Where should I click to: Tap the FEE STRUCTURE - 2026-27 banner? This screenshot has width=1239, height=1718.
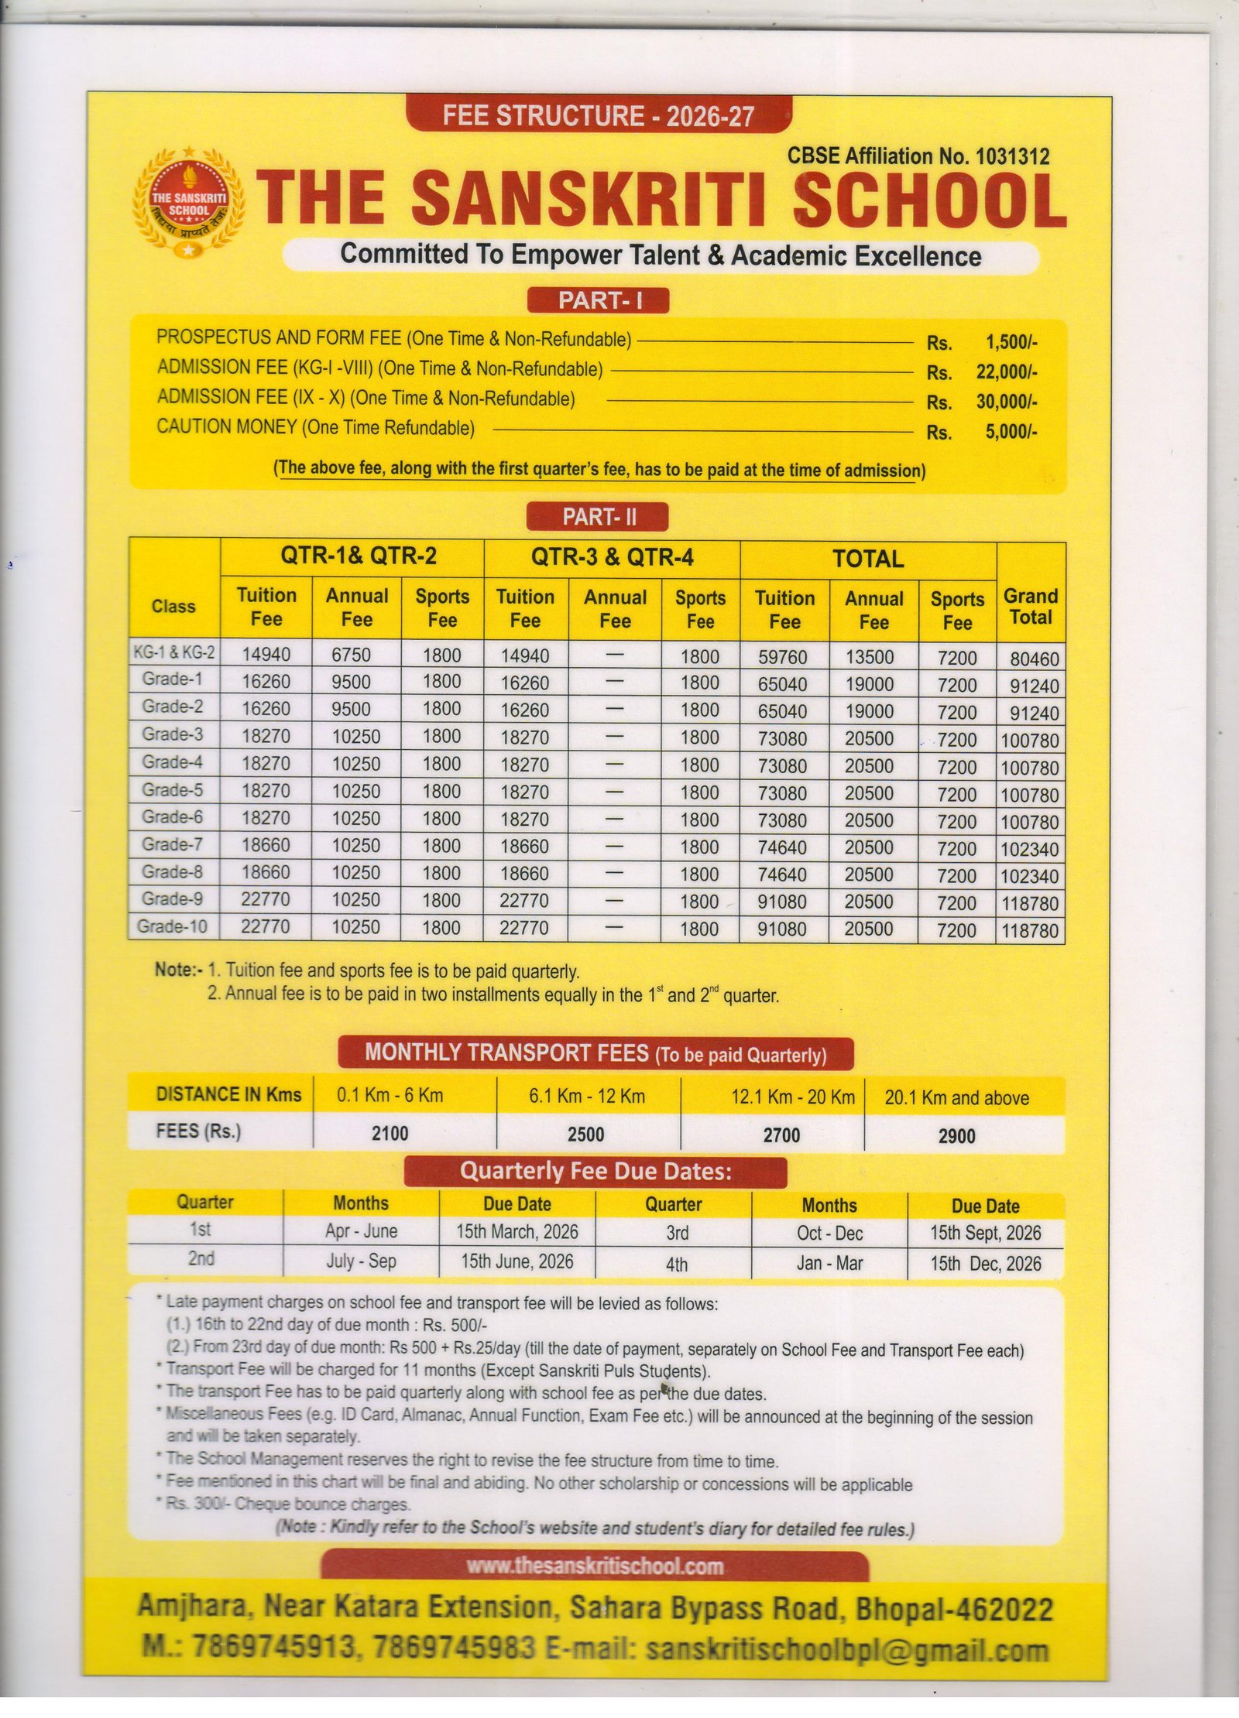[x=598, y=116]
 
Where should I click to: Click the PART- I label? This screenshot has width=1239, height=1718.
[x=597, y=300]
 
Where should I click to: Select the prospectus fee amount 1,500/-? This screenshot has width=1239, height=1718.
[x=1011, y=341]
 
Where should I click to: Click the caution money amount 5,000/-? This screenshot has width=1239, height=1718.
[x=1011, y=431]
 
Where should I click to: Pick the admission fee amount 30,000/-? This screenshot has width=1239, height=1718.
[x=1006, y=402]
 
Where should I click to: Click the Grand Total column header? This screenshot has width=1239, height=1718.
[x=1030, y=607]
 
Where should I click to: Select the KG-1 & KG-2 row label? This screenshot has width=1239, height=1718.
[x=173, y=652]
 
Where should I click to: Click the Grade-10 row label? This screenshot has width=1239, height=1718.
[x=172, y=926]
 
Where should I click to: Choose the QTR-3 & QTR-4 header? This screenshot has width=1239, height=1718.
[x=612, y=557]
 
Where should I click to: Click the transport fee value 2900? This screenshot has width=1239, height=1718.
[x=956, y=1136]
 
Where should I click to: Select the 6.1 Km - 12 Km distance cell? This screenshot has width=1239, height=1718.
[x=587, y=1096]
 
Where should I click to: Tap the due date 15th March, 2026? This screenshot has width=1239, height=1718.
[x=517, y=1231]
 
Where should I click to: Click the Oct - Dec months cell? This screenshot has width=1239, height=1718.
[x=829, y=1233]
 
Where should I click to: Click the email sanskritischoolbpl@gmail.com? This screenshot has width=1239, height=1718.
[x=847, y=1648]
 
